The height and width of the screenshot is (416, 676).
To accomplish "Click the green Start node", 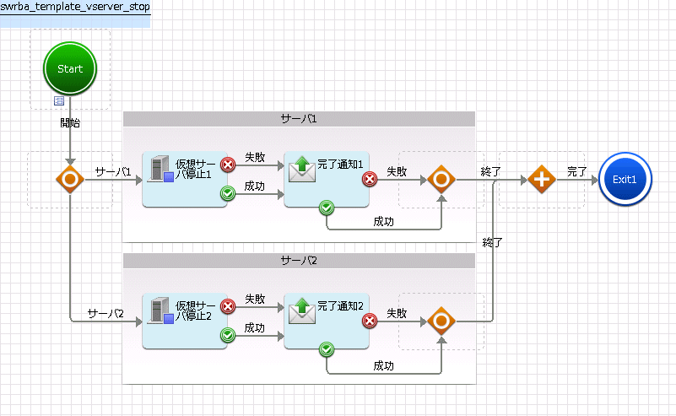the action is coord(70,68).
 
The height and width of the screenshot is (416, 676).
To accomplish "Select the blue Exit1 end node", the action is coord(625,180).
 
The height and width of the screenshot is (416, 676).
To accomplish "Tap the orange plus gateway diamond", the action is coord(542,180).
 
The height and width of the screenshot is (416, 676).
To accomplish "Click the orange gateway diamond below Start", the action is coord(70,180).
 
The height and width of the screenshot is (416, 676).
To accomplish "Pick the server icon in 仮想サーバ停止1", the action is coord(160,169).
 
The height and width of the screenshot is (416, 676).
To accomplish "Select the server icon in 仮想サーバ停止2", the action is coord(160,311).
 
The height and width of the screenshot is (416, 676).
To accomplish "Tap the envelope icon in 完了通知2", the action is coord(302,311).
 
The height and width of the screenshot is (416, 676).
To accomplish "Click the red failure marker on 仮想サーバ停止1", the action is coord(228,165).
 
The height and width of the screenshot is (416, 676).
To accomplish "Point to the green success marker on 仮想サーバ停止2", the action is coord(228,335).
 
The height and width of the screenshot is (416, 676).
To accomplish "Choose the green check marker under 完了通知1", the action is coord(327,208).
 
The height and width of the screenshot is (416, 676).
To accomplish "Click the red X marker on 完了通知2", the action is coord(370,321).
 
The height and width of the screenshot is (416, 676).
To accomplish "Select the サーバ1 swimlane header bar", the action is coord(299,119).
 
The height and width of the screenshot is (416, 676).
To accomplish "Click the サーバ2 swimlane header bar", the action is coord(299,261).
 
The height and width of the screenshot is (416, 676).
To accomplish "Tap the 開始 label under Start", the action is coord(70,123).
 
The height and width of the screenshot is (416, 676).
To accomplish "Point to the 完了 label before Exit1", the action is coord(577,171).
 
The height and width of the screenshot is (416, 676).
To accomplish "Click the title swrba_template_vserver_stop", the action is coord(75,7).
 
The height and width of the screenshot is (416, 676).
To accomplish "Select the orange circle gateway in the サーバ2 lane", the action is coord(441,321).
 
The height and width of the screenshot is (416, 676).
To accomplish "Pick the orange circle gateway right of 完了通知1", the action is coord(441,180).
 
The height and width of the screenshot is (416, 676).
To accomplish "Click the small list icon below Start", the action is coord(58,101).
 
